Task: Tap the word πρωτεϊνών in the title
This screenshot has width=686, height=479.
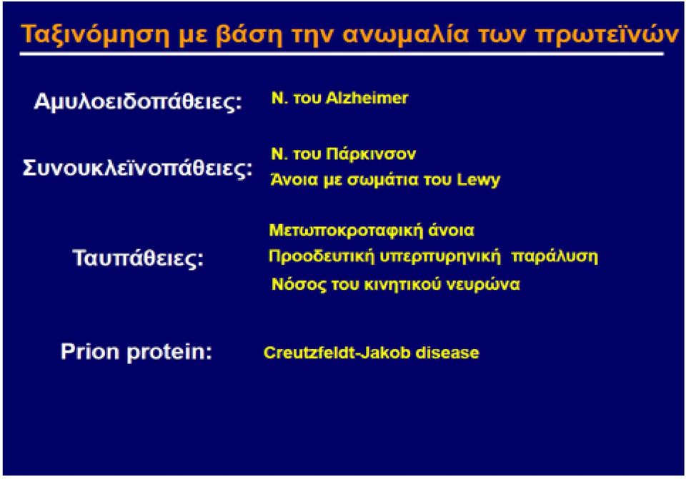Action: point(607,35)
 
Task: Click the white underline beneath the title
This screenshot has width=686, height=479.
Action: point(342,54)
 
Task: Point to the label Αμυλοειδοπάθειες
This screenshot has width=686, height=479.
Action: point(138,102)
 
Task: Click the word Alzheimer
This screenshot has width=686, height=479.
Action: point(367,98)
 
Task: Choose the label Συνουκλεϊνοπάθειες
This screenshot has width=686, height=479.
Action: point(137,168)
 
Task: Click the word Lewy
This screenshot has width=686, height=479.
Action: point(478,180)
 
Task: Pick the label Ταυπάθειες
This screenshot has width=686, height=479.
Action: point(138,258)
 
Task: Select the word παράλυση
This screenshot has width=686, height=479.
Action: point(555,256)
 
